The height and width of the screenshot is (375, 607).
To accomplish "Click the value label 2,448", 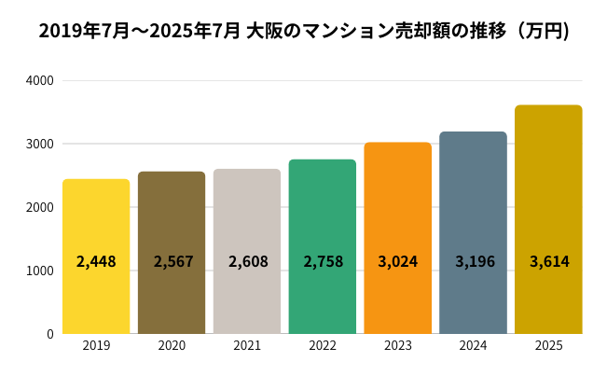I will pos(96,261).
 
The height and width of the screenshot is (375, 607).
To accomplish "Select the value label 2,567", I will pos(172,261).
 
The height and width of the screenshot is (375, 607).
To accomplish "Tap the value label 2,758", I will pos(323,261).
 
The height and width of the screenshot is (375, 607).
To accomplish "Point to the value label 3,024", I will pos(398,261).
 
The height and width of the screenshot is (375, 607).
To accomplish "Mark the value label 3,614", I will pos(548,261).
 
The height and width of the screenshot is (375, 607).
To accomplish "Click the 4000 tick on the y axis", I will pos(39,80).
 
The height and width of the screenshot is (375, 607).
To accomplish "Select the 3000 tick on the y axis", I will pos(39,144).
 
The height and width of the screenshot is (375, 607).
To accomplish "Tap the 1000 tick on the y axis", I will pos(39,271).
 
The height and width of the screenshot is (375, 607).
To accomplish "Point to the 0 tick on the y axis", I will pos(49,334).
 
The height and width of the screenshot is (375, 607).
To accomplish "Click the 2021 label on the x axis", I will pos(247,346).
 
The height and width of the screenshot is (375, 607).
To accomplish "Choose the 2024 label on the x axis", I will pos(473,346).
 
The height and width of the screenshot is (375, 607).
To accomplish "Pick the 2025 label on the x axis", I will pos(548,346).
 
